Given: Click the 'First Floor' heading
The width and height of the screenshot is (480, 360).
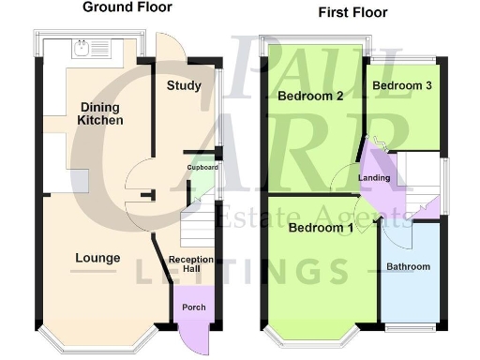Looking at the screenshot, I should (352, 13).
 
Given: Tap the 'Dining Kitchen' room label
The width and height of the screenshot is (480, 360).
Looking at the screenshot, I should (101, 113).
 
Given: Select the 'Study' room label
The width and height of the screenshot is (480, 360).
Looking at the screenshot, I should (184, 86).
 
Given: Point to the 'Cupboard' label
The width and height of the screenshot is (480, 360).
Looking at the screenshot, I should (202, 167).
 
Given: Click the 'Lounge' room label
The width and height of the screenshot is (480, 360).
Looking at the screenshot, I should (97, 258).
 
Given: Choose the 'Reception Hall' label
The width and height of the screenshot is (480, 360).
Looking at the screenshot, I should (191, 265).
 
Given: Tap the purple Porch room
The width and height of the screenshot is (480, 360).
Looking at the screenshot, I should (195, 310).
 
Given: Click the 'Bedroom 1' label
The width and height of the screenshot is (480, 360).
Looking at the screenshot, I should (321, 228).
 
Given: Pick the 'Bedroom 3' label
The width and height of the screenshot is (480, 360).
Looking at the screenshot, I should (401, 85).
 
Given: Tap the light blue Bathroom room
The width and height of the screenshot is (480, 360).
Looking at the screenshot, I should (409, 272).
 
